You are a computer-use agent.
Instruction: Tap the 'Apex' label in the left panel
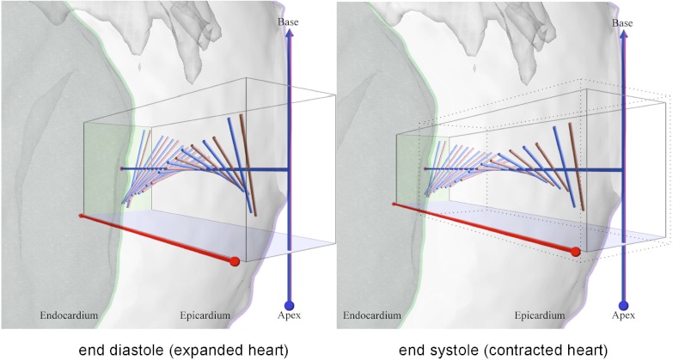tap(290, 316)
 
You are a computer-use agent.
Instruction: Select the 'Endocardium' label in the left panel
tap(69, 316)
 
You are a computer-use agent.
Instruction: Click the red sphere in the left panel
tap(235, 261)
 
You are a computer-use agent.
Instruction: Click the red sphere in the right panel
tap(575, 252)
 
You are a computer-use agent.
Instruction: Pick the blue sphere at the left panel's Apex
tap(289, 304)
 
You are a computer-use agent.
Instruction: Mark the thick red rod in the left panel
tap(155, 238)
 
